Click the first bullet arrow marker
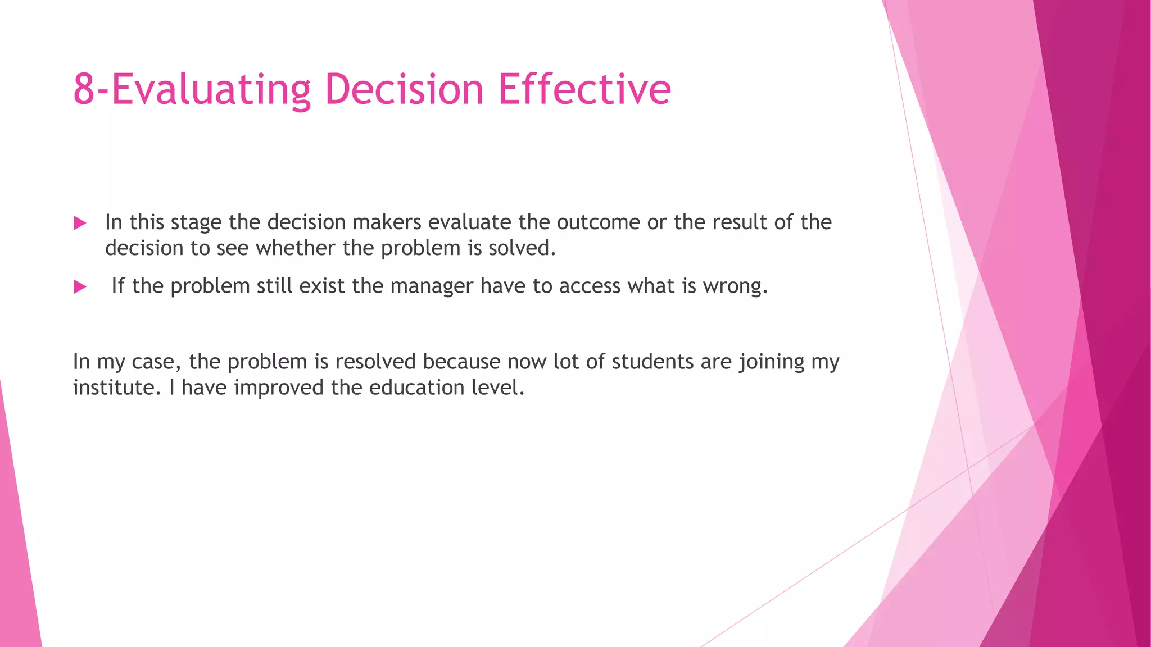(x=80, y=224)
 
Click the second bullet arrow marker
(x=80, y=288)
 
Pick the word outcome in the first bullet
(x=599, y=222)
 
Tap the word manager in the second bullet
(x=432, y=286)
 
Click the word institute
(x=114, y=388)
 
